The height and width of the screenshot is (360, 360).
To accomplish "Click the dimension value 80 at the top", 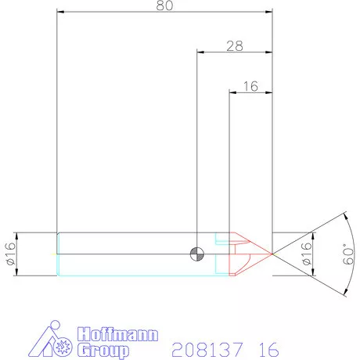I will point(164,5).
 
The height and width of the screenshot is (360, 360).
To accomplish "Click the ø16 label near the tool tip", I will point(306,254).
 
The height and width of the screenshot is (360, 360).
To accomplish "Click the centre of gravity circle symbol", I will point(196,254).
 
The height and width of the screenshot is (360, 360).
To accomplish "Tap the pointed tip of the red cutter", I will point(272,254).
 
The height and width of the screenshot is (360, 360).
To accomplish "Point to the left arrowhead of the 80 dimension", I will point(61,13).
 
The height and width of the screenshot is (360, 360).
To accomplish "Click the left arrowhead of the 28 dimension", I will point(200,52).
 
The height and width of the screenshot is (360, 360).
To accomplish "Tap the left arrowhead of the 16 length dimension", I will point(232,92).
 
